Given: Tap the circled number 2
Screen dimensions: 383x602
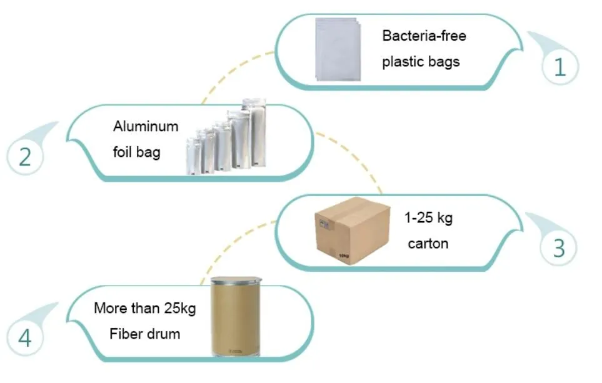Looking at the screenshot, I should point(25,156).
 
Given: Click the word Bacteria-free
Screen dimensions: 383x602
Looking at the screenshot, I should point(424,36).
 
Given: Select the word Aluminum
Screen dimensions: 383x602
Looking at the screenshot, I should point(145,126).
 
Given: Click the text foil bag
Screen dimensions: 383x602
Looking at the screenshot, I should point(136,152).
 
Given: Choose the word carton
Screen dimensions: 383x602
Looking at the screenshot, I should point(428,244).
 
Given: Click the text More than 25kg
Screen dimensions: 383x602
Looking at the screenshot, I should point(144,308).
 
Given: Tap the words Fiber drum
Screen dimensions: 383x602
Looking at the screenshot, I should point(144,334).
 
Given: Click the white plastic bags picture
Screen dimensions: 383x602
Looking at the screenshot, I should point(338,50).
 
